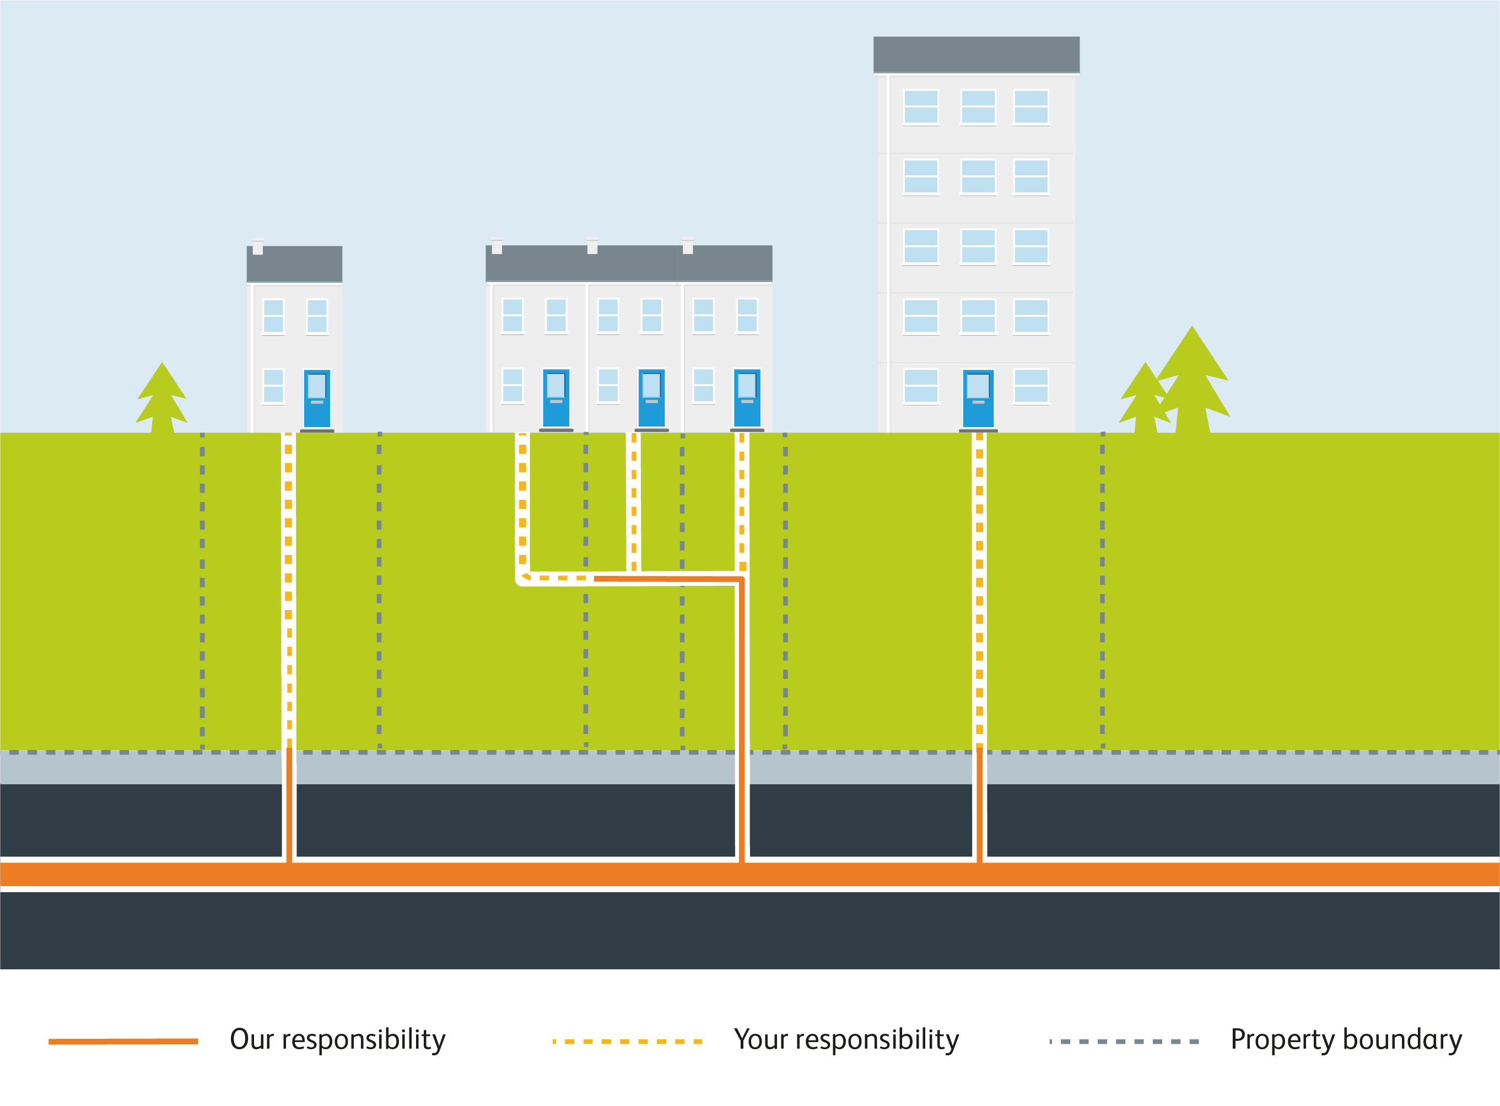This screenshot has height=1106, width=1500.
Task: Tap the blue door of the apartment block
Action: (978, 398)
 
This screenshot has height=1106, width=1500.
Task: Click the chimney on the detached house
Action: (258, 247)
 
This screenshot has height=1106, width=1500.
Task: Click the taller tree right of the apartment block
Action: (1192, 381)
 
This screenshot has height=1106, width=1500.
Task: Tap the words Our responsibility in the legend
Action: (337, 1040)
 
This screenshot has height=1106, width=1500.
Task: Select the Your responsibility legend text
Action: (846, 1040)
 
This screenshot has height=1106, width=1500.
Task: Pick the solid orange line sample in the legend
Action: (123, 1041)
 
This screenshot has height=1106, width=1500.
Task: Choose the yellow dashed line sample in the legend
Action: (627, 1041)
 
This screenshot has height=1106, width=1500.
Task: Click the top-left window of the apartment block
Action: (920, 106)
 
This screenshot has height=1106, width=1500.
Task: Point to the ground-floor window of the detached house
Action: (273, 386)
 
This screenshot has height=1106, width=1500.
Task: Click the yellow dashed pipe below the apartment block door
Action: (979, 589)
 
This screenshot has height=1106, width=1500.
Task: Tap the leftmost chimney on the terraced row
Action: (497, 246)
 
